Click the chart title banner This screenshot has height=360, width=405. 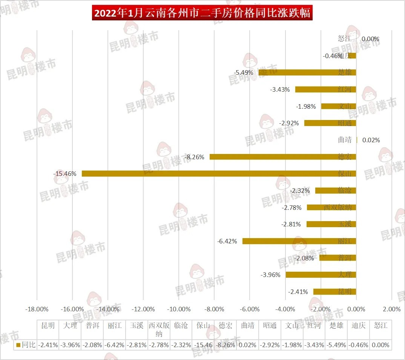click(x=202, y=13)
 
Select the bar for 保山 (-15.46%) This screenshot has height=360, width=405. click(x=219, y=174)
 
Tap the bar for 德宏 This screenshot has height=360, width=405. click(x=283, y=157)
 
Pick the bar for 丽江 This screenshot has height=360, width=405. click(x=299, y=241)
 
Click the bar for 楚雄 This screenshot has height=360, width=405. click(x=307, y=72)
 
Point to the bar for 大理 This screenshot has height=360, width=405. click(x=321, y=274)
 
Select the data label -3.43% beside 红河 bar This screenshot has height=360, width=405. click(x=280, y=89)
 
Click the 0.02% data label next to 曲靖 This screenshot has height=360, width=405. click(x=371, y=140)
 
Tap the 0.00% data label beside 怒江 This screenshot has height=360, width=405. click(x=370, y=39)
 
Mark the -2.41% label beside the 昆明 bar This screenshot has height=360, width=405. click(x=298, y=292)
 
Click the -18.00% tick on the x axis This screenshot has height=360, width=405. click(x=37, y=309)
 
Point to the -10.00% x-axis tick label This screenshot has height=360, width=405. click(x=179, y=309)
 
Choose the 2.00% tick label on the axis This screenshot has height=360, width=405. click(x=391, y=309)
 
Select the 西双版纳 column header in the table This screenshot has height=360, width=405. click(x=159, y=329)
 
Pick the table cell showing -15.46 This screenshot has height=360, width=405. click(x=203, y=345)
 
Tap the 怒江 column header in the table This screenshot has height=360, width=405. click(x=380, y=325)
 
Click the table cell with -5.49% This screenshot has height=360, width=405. click(x=336, y=345)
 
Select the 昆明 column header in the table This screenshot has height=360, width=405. click(x=48, y=325)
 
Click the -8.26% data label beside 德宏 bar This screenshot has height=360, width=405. click(x=195, y=157)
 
